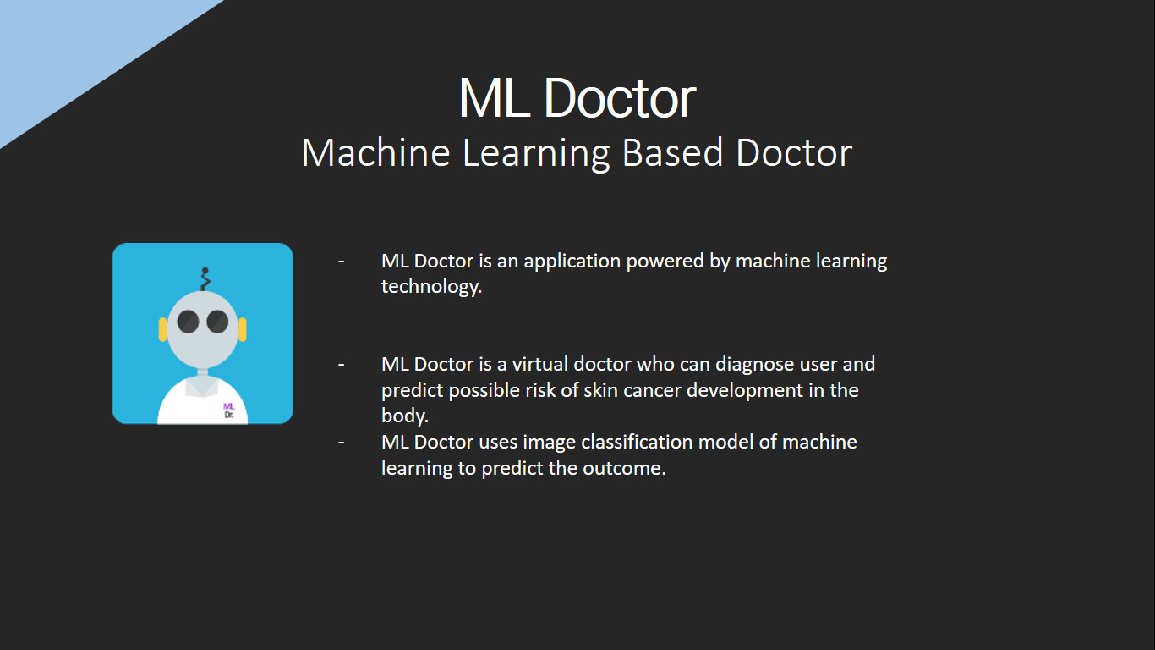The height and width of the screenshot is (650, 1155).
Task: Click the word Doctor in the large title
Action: point(620,98)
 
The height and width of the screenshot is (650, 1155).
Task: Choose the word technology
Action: point(431,287)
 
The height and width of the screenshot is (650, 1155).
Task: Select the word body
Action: point(404,416)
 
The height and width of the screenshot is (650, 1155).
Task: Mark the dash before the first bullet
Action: point(342,261)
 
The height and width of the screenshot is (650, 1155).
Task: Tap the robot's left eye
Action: point(188,322)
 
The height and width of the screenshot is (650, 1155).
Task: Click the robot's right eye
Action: point(217,322)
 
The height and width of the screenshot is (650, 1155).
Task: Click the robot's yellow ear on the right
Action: point(243,329)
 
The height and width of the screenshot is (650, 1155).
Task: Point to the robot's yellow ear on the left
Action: point(163,329)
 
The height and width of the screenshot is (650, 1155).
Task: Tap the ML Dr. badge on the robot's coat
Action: point(228,411)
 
